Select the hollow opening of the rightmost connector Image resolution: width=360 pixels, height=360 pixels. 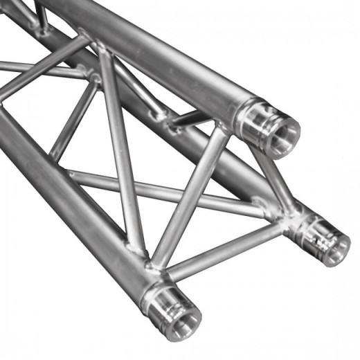pyautogui.click(x=335, y=243)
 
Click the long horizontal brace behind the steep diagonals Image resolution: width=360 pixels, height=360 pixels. pyautogui.click(x=166, y=191)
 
